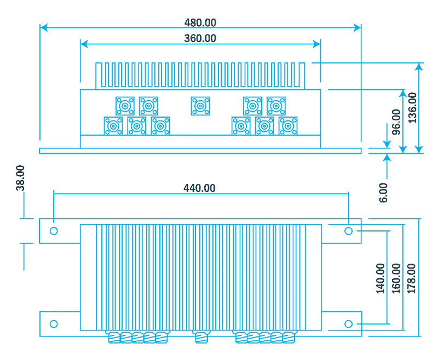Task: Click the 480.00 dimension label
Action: click(x=200, y=22)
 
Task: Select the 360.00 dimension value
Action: click(x=200, y=38)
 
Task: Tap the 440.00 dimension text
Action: click(x=199, y=188)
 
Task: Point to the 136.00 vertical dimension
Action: click(x=412, y=107)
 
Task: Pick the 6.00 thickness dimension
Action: click(x=383, y=193)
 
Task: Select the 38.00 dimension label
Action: click(x=20, y=178)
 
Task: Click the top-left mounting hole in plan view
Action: click(x=54, y=231)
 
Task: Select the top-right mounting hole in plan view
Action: click(x=348, y=231)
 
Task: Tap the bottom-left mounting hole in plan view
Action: click(x=54, y=324)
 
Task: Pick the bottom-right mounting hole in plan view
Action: click(x=348, y=324)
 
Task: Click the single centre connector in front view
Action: click(x=200, y=106)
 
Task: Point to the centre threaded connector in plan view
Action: click(x=200, y=338)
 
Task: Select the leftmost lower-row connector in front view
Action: click(x=113, y=126)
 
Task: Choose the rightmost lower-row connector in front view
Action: click(x=287, y=126)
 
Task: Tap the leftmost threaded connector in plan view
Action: click(x=114, y=338)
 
